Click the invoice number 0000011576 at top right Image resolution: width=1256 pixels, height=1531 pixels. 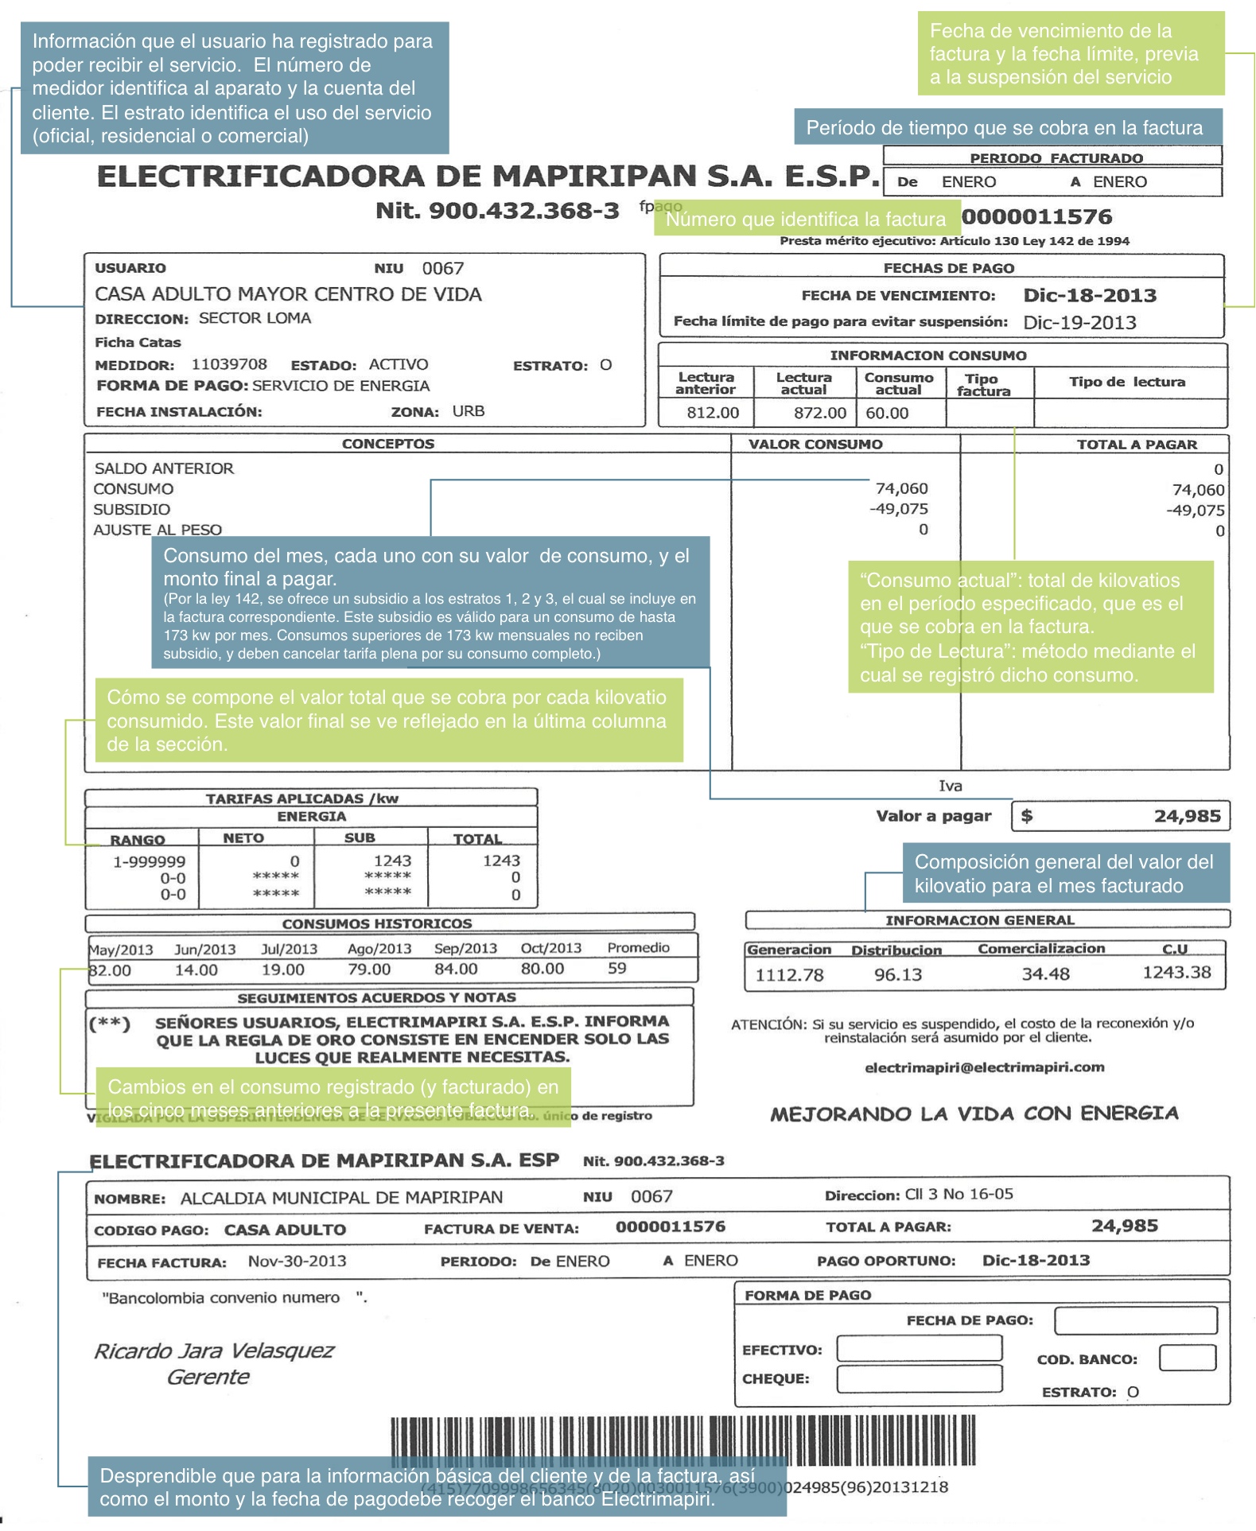tap(1036, 216)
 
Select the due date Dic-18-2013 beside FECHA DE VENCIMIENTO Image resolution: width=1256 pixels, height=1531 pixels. tap(1089, 295)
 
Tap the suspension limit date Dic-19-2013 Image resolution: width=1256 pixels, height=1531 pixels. tap(1079, 322)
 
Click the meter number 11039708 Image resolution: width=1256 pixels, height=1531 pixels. tap(229, 364)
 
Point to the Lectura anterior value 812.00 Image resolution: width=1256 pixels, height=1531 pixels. tap(713, 413)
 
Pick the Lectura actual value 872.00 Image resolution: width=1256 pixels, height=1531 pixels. tap(819, 413)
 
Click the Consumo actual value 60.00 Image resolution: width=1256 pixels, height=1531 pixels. tap(887, 413)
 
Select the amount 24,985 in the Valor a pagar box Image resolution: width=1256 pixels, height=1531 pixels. tap(1187, 816)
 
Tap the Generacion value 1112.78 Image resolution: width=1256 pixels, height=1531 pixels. tap(789, 974)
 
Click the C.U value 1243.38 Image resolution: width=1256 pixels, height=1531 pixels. tap(1176, 972)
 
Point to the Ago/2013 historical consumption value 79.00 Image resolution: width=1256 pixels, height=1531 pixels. tap(369, 969)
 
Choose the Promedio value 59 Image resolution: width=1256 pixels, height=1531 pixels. tap(616, 968)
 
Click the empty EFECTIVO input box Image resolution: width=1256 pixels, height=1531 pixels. tap(919, 1348)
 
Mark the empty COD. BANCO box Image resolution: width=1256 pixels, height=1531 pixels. tap(1187, 1358)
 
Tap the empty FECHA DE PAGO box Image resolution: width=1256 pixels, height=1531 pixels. tap(1135, 1320)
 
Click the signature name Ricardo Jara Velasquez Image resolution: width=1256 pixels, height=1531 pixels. tap(214, 1350)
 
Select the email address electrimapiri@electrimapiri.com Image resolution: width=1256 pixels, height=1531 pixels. tap(984, 1067)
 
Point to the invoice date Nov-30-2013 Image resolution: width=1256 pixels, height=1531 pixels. tap(297, 1261)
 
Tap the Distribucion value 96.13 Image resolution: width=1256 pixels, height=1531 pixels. tap(898, 974)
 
